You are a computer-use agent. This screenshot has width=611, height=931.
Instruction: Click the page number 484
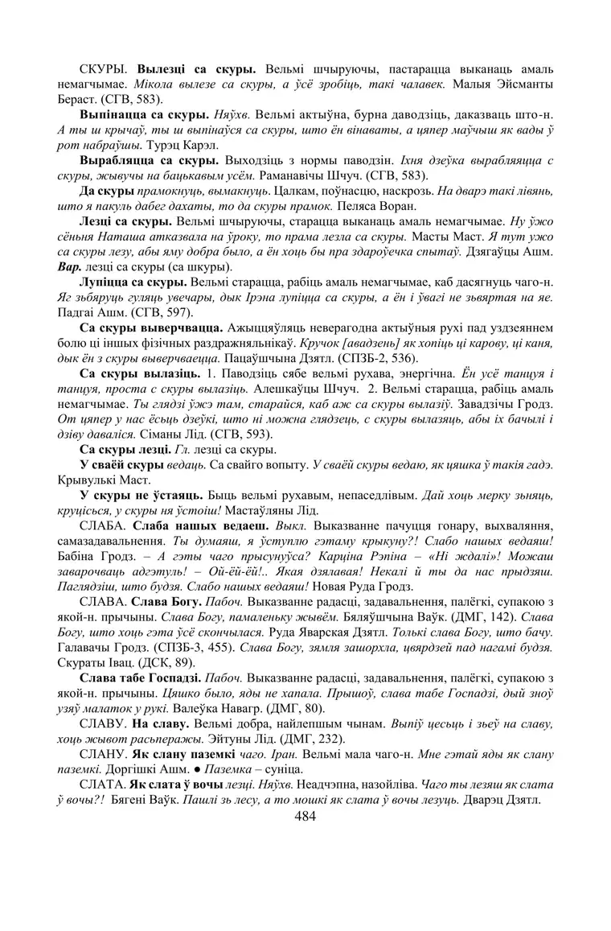(305, 816)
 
